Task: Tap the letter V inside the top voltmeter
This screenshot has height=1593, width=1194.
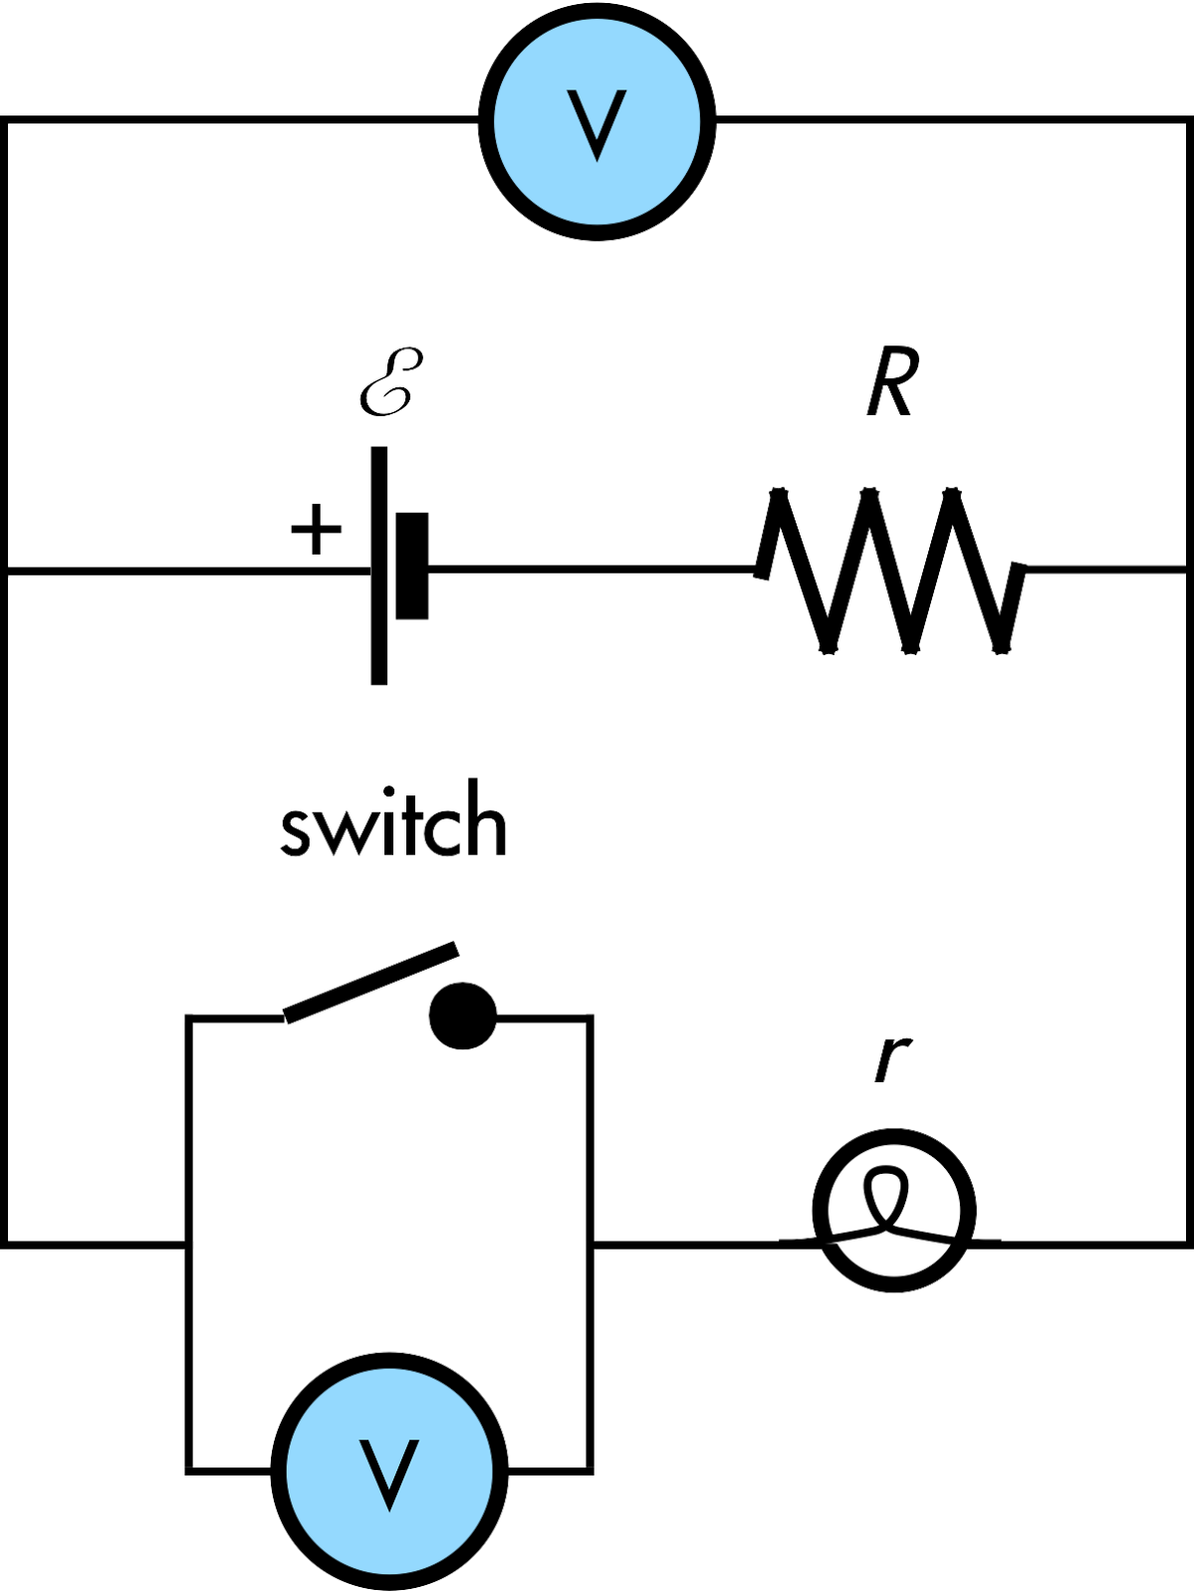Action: tap(597, 125)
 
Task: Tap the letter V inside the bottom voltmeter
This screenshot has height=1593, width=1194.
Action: tap(389, 1474)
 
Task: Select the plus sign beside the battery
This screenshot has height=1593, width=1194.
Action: tap(316, 529)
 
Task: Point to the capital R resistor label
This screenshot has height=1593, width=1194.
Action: tap(889, 384)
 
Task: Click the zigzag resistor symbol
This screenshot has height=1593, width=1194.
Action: tap(889, 569)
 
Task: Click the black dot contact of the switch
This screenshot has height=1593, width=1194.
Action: tap(463, 1017)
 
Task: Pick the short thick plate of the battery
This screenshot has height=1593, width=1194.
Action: tap(411, 566)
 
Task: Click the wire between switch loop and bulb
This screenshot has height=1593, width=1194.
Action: tap(687, 1242)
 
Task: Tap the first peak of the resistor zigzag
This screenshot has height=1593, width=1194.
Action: tap(783, 493)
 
